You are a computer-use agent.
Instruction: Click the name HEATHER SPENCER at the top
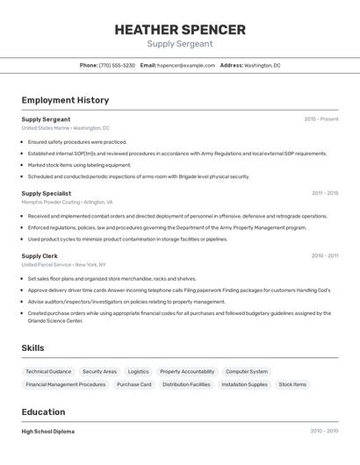coord(179,29)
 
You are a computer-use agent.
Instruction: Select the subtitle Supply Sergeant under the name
coord(179,44)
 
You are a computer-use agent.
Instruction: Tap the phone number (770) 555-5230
coord(117,65)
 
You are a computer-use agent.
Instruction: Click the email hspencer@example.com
coord(186,65)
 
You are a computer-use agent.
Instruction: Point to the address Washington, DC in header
coord(262,65)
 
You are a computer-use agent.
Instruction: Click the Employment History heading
coord(65,100)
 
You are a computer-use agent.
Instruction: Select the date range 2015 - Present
coord(320,118)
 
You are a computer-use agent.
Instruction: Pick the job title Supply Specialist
coord(47,193)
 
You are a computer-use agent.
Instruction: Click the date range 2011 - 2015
coord(324,193)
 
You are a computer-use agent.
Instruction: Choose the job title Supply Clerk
coord(40,256)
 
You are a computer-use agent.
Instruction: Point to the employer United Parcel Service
coord(47,264)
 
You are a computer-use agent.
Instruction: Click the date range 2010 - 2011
coord(324,256)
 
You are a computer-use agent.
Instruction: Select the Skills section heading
coord(32,348)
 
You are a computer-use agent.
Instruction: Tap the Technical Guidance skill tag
coord(48,371)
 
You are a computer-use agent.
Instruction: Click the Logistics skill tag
coord(138,371)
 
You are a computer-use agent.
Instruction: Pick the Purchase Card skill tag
coord(133,384)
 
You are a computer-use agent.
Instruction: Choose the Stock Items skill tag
coord(293,384)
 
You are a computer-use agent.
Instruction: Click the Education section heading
coord(43,411)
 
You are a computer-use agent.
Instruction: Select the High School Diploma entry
coord(48,432)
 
